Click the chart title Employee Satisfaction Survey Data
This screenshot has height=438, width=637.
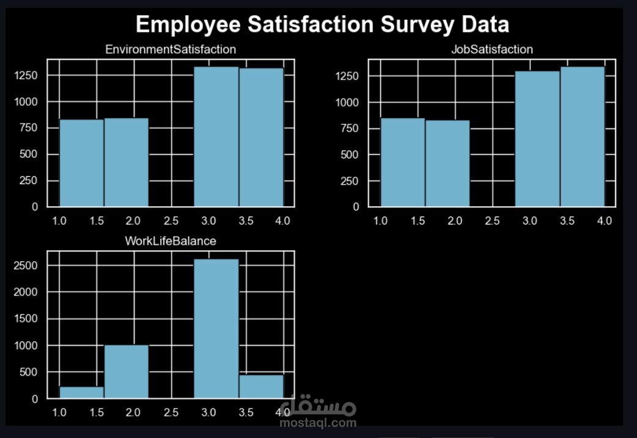322,25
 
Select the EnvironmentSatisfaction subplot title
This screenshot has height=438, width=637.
171,49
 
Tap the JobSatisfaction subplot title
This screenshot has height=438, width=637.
492,50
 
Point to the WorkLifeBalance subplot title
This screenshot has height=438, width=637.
170,241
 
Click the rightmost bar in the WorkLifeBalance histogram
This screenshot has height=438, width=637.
261,386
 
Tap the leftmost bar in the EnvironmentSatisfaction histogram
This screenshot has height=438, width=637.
81,163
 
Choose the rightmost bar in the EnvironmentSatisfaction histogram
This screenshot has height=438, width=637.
261,138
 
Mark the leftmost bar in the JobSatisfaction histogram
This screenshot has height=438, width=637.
402,162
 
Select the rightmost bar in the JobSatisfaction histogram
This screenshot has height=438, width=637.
582,137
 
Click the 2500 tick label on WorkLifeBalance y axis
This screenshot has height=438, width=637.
28,266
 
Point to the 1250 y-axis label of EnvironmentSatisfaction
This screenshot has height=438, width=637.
28,75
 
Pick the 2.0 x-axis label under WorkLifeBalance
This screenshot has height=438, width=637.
134,412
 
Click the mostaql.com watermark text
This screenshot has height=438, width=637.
317,422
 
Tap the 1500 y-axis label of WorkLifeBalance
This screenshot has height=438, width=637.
28,319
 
